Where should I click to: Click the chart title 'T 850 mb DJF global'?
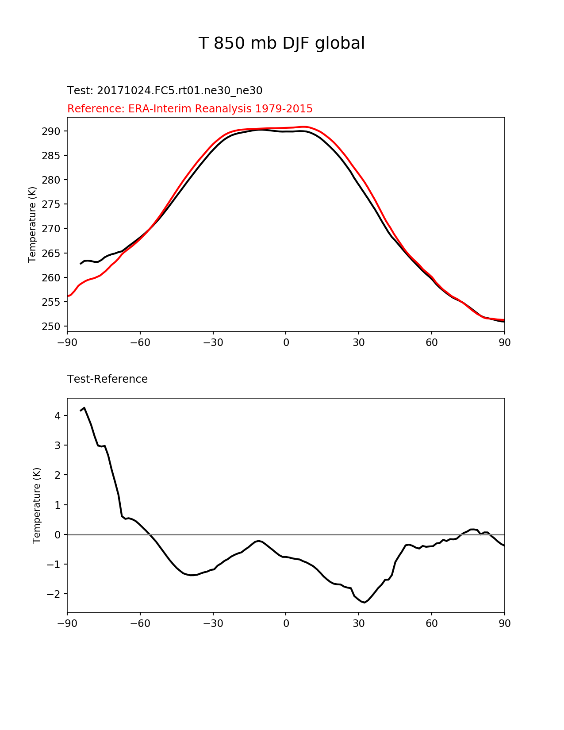(281, 43)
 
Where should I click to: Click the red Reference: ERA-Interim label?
(190, 109)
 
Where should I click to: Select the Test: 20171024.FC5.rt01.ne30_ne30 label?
(165, 91)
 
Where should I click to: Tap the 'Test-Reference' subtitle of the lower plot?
(107, 379)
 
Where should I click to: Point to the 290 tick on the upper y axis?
(51, 131)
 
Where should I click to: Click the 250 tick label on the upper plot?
(51, 327)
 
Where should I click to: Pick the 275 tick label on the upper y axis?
(51, 204)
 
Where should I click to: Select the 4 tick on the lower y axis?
(58, 416)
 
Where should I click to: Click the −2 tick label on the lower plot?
(54, 594)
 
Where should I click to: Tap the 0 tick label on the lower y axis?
(58, 535)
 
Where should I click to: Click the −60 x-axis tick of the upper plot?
(140, 343)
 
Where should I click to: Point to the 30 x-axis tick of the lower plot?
(359, 623)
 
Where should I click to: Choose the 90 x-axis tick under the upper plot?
(505, 343)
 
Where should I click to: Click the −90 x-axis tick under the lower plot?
(67, 623)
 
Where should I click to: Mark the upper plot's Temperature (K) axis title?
(32, 225)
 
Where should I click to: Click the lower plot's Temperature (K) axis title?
(36, 506)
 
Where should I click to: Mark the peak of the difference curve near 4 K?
(84, 408)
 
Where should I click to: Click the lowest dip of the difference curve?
(364, 603)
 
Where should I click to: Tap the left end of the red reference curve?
(68, 296)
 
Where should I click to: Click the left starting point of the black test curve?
(80, 264)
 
